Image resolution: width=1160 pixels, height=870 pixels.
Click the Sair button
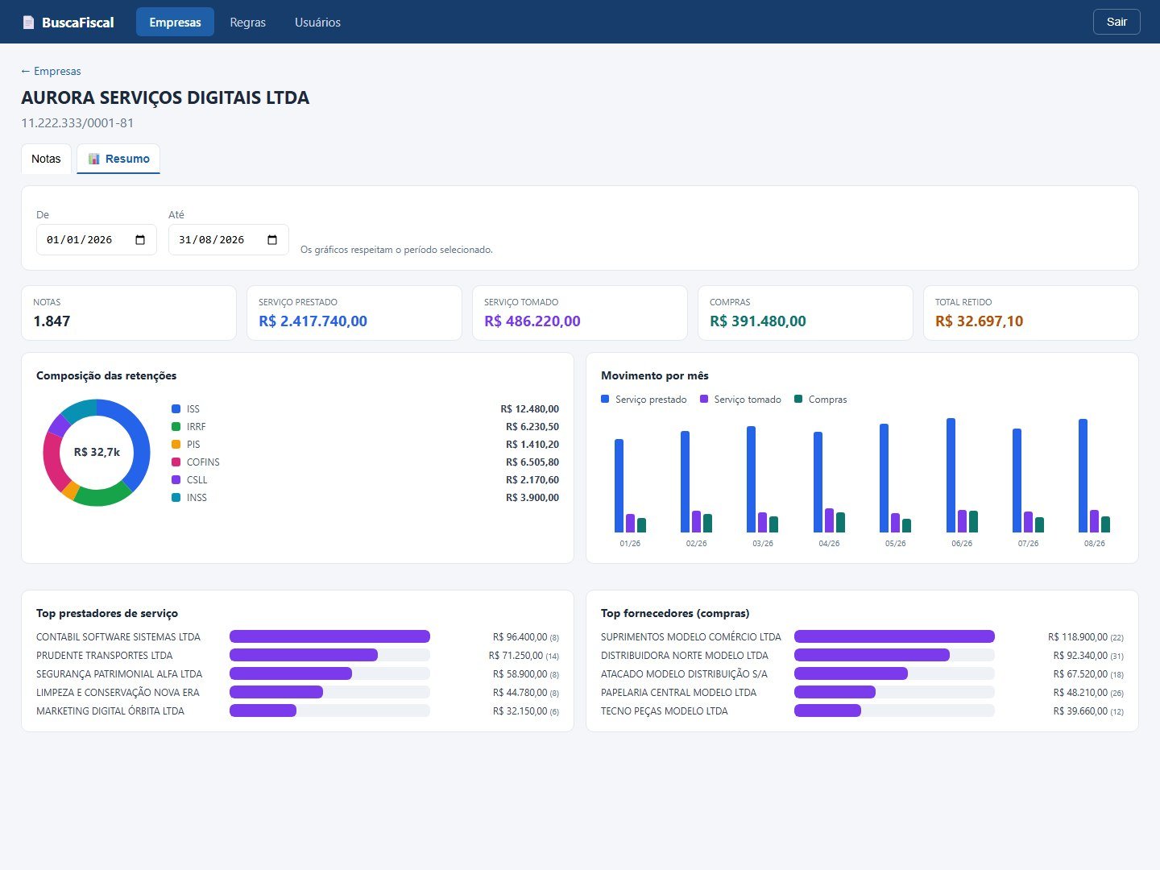1116,22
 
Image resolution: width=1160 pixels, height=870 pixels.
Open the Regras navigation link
247,23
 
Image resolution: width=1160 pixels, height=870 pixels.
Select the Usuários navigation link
317,23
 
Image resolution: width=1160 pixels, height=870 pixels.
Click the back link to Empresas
51,71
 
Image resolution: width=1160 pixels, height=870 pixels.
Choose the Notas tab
46,159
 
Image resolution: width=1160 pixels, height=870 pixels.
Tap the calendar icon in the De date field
140,240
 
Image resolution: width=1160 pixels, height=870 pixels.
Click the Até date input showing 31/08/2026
228,240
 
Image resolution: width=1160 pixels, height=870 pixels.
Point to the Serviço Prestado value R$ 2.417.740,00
313,321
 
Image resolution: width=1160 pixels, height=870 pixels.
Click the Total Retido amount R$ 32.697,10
979,321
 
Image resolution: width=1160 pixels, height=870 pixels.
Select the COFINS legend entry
196,462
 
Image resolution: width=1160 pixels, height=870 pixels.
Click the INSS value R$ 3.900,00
532,498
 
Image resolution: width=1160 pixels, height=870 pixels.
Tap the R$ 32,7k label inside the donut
97,452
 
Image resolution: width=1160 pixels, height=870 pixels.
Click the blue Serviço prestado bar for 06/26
951,475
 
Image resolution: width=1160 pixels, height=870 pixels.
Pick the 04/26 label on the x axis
829,543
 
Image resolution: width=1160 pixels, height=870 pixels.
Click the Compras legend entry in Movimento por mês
820,400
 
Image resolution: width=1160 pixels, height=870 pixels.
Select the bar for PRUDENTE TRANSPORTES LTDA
304,655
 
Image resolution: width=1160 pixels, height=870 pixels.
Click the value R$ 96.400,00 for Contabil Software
520,637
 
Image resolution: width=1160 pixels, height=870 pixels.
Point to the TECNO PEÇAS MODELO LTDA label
665,711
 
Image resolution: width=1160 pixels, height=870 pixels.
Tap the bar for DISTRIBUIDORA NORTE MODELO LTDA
872,655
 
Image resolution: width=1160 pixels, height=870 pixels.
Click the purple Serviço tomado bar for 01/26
630,523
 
